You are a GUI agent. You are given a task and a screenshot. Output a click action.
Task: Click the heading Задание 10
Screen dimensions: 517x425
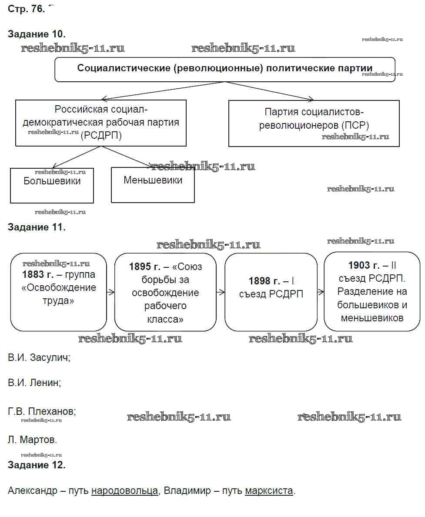[x=37, y=34]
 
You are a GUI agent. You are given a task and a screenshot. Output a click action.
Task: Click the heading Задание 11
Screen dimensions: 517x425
[x=37, y=227]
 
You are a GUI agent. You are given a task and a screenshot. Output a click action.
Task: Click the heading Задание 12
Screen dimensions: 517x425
[x=37, y=465]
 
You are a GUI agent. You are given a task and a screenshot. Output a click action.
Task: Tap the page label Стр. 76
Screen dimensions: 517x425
[x=26, y=9]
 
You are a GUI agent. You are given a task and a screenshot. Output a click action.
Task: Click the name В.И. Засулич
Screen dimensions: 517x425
[x=39, y=358]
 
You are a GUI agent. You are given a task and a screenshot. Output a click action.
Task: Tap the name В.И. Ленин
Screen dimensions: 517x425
[x=34, y=383]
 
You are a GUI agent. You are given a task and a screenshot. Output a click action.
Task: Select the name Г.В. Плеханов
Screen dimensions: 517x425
[x=42, y=411]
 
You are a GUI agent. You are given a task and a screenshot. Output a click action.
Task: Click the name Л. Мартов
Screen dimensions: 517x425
[x=32, y=440]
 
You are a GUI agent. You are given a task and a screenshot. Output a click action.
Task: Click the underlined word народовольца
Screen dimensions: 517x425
[x=124, y=491]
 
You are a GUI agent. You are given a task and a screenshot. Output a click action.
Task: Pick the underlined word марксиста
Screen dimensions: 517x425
[x=269, y=491]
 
